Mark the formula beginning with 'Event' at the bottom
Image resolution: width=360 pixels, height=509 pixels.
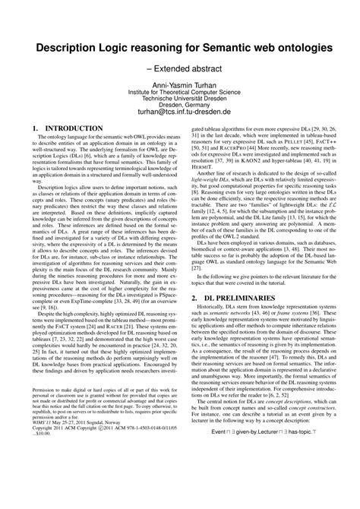click(267, 495)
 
